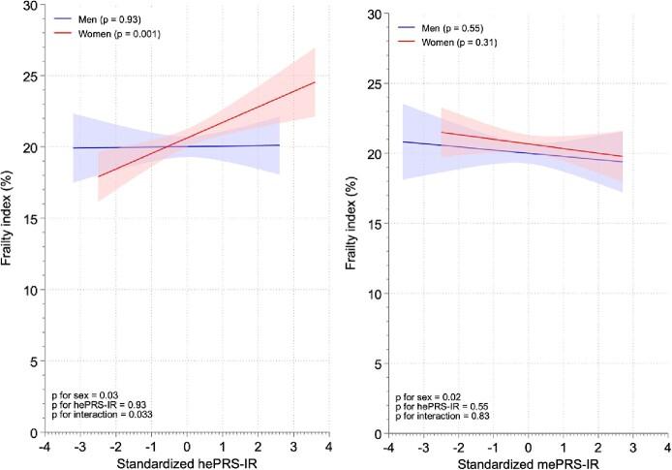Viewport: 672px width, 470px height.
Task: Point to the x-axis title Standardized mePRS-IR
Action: [528, 459]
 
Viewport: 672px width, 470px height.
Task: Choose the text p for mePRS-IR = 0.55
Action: [444, 406]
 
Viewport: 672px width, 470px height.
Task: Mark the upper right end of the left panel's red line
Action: [316, 82]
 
